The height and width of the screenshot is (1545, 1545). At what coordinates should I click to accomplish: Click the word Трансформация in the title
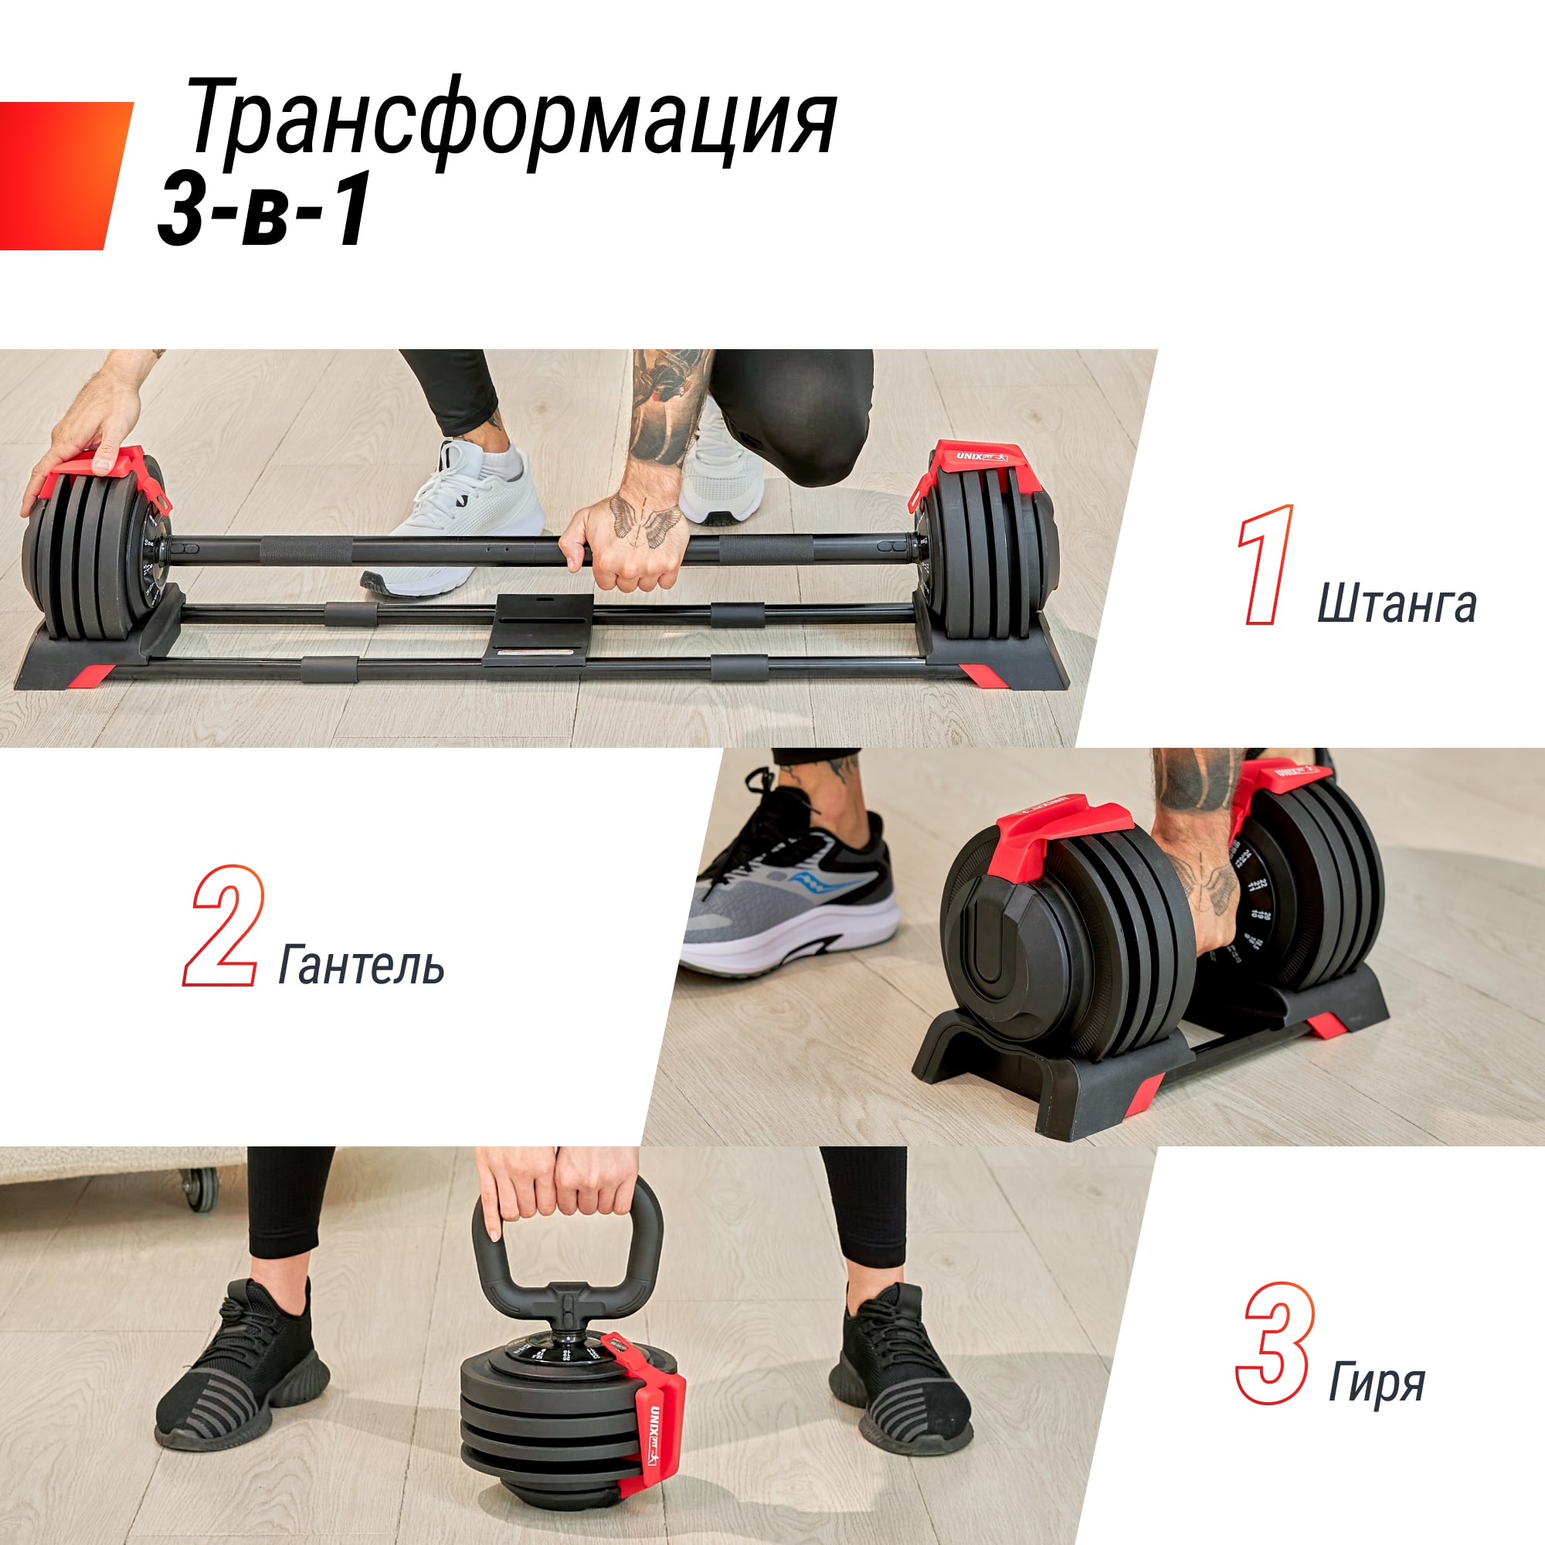pyautogui.click(x=512, y=120)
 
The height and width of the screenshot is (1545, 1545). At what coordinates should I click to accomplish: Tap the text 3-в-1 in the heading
pyautogui.click(x=264, y=209)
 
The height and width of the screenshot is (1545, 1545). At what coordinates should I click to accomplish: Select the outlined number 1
pyautogui.click(x=1266, y=565)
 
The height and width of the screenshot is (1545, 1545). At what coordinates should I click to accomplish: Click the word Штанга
pyautogui.click(x=1396, y=603)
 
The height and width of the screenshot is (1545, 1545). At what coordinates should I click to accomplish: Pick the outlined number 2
pyautogui.click(x=222, y=925)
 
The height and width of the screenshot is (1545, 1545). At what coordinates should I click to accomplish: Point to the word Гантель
pyautogui.click(x=361, y=965)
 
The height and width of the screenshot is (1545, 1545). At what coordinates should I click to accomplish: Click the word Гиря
pyautogui.click(x=1377, y=1381)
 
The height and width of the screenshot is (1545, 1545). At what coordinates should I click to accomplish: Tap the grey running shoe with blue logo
pyautogui.click(x=792, y=904)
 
